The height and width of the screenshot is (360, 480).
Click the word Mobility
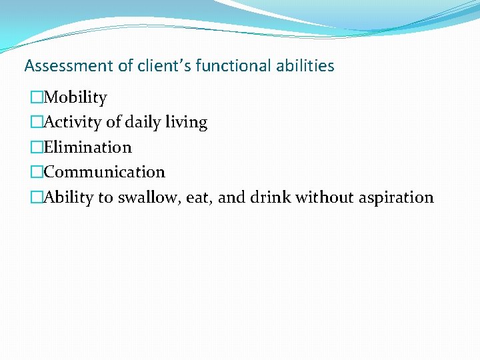75,98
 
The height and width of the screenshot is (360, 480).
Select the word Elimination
88,147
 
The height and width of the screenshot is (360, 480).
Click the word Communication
105,172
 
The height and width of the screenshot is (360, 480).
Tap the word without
325,197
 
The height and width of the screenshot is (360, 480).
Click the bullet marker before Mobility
37,98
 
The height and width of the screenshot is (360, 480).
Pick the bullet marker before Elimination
37,147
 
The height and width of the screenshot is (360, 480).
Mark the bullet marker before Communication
37,172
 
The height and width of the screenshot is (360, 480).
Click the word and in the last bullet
231,197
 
